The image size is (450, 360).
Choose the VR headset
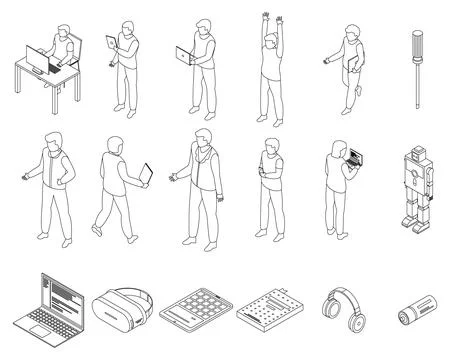click(120, 304)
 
